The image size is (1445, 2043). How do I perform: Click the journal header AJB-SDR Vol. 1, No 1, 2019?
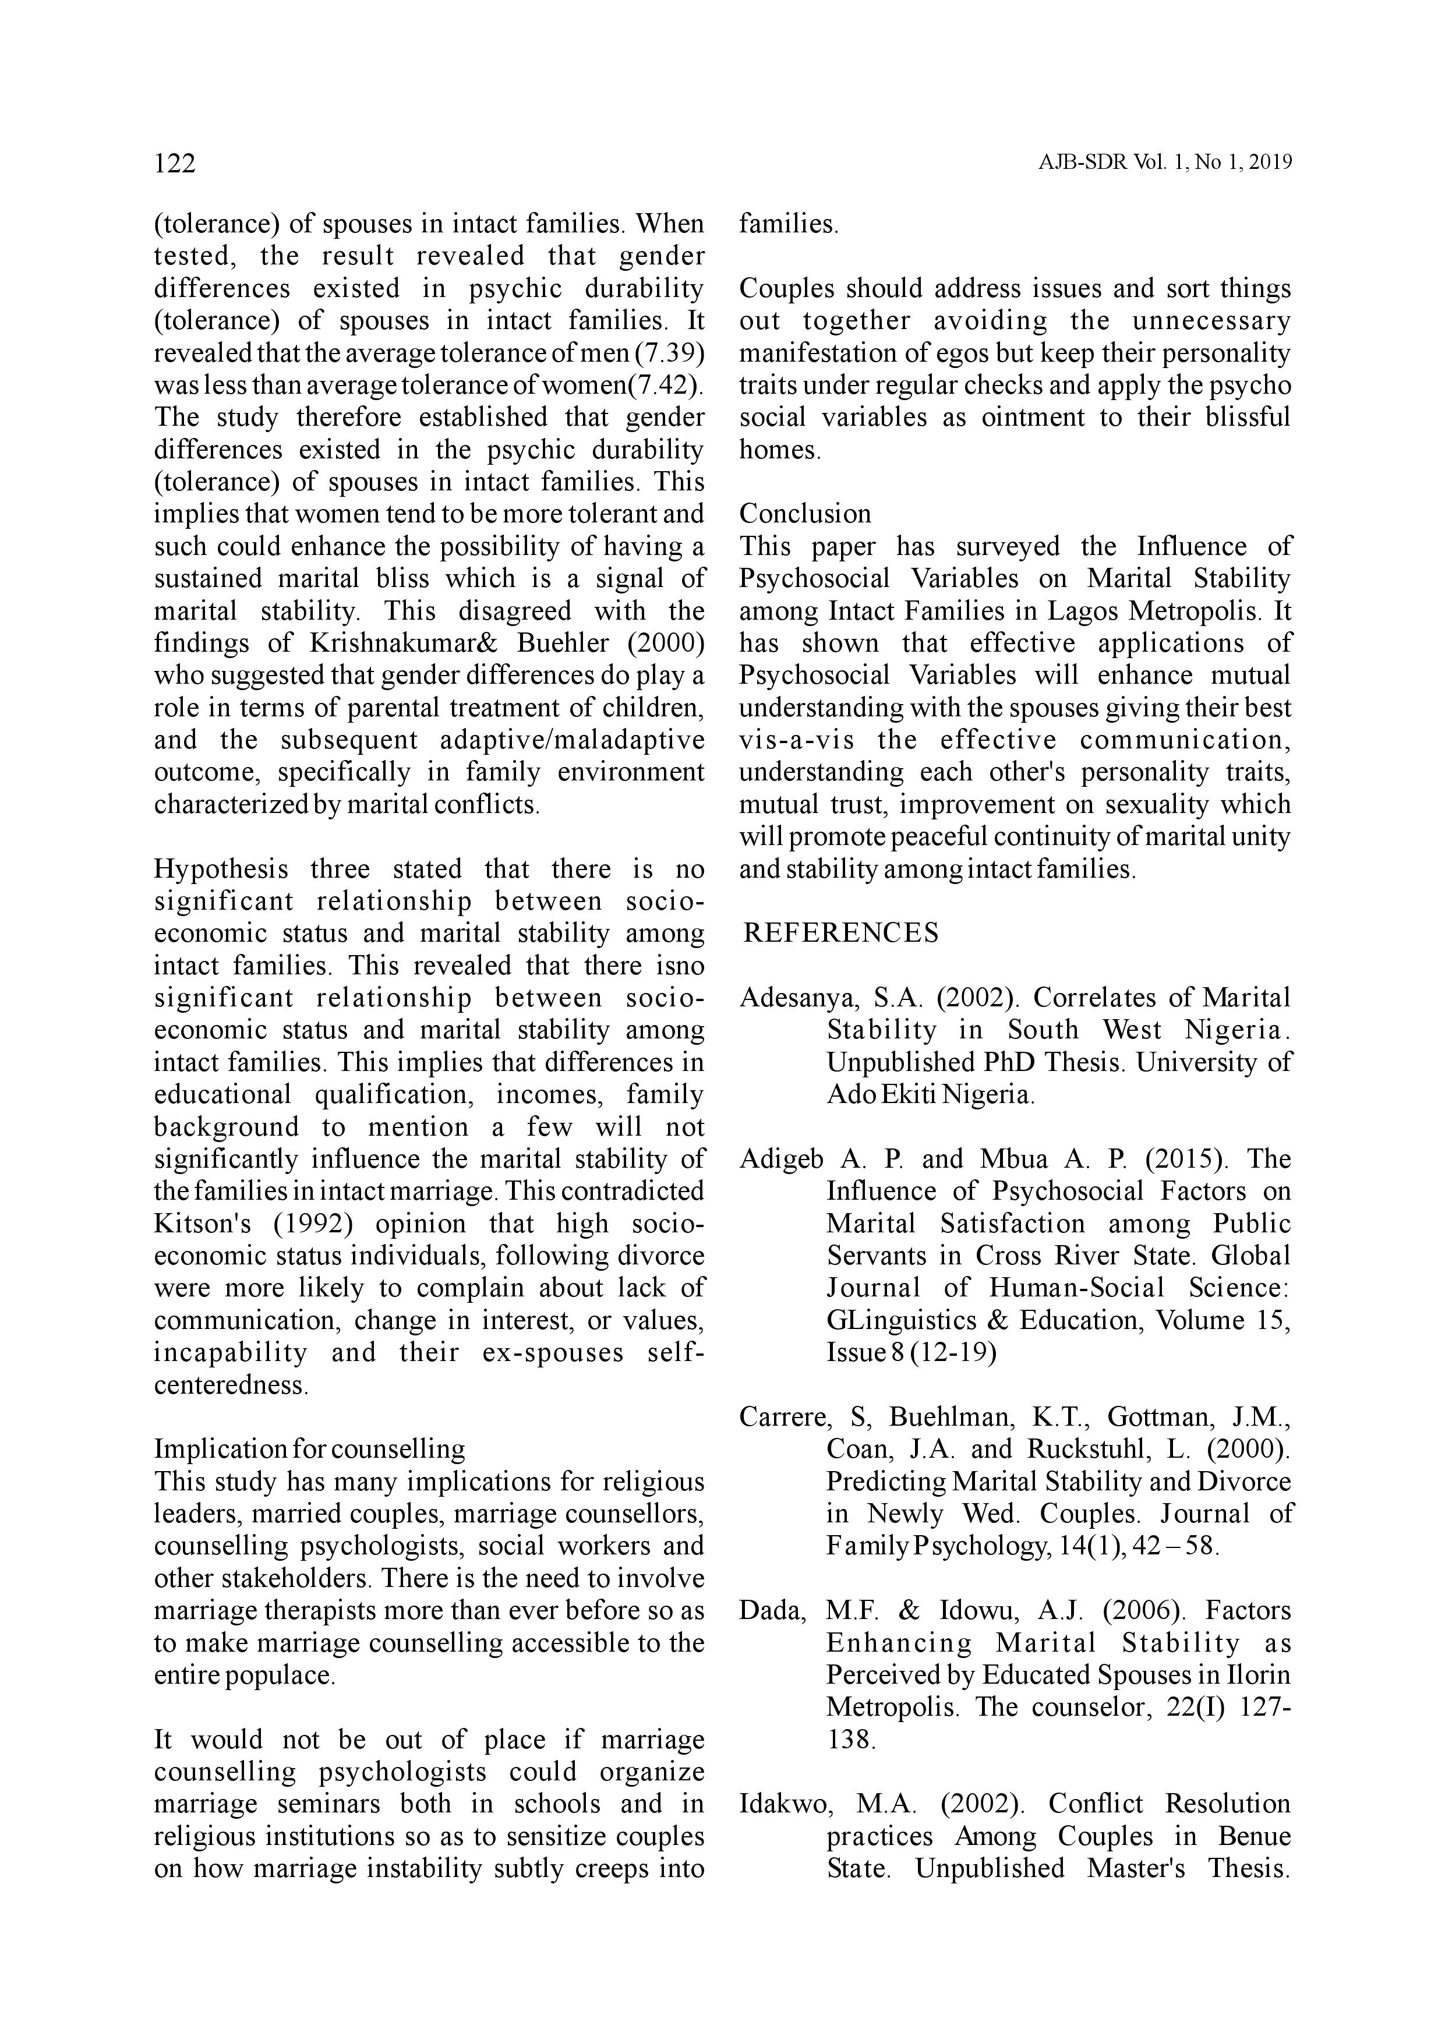[x=1164, y=164]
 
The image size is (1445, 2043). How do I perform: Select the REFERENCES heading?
[x=841, y=932]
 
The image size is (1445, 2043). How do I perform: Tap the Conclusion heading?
[x=805, y=514]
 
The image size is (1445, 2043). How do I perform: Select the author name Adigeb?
[x=780, y=1158]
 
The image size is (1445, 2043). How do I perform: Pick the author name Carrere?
[x=785, y=1416]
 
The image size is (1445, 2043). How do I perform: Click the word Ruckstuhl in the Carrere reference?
[x=1086, y=1448]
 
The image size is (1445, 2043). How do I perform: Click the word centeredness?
[x=231, y=1384]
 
